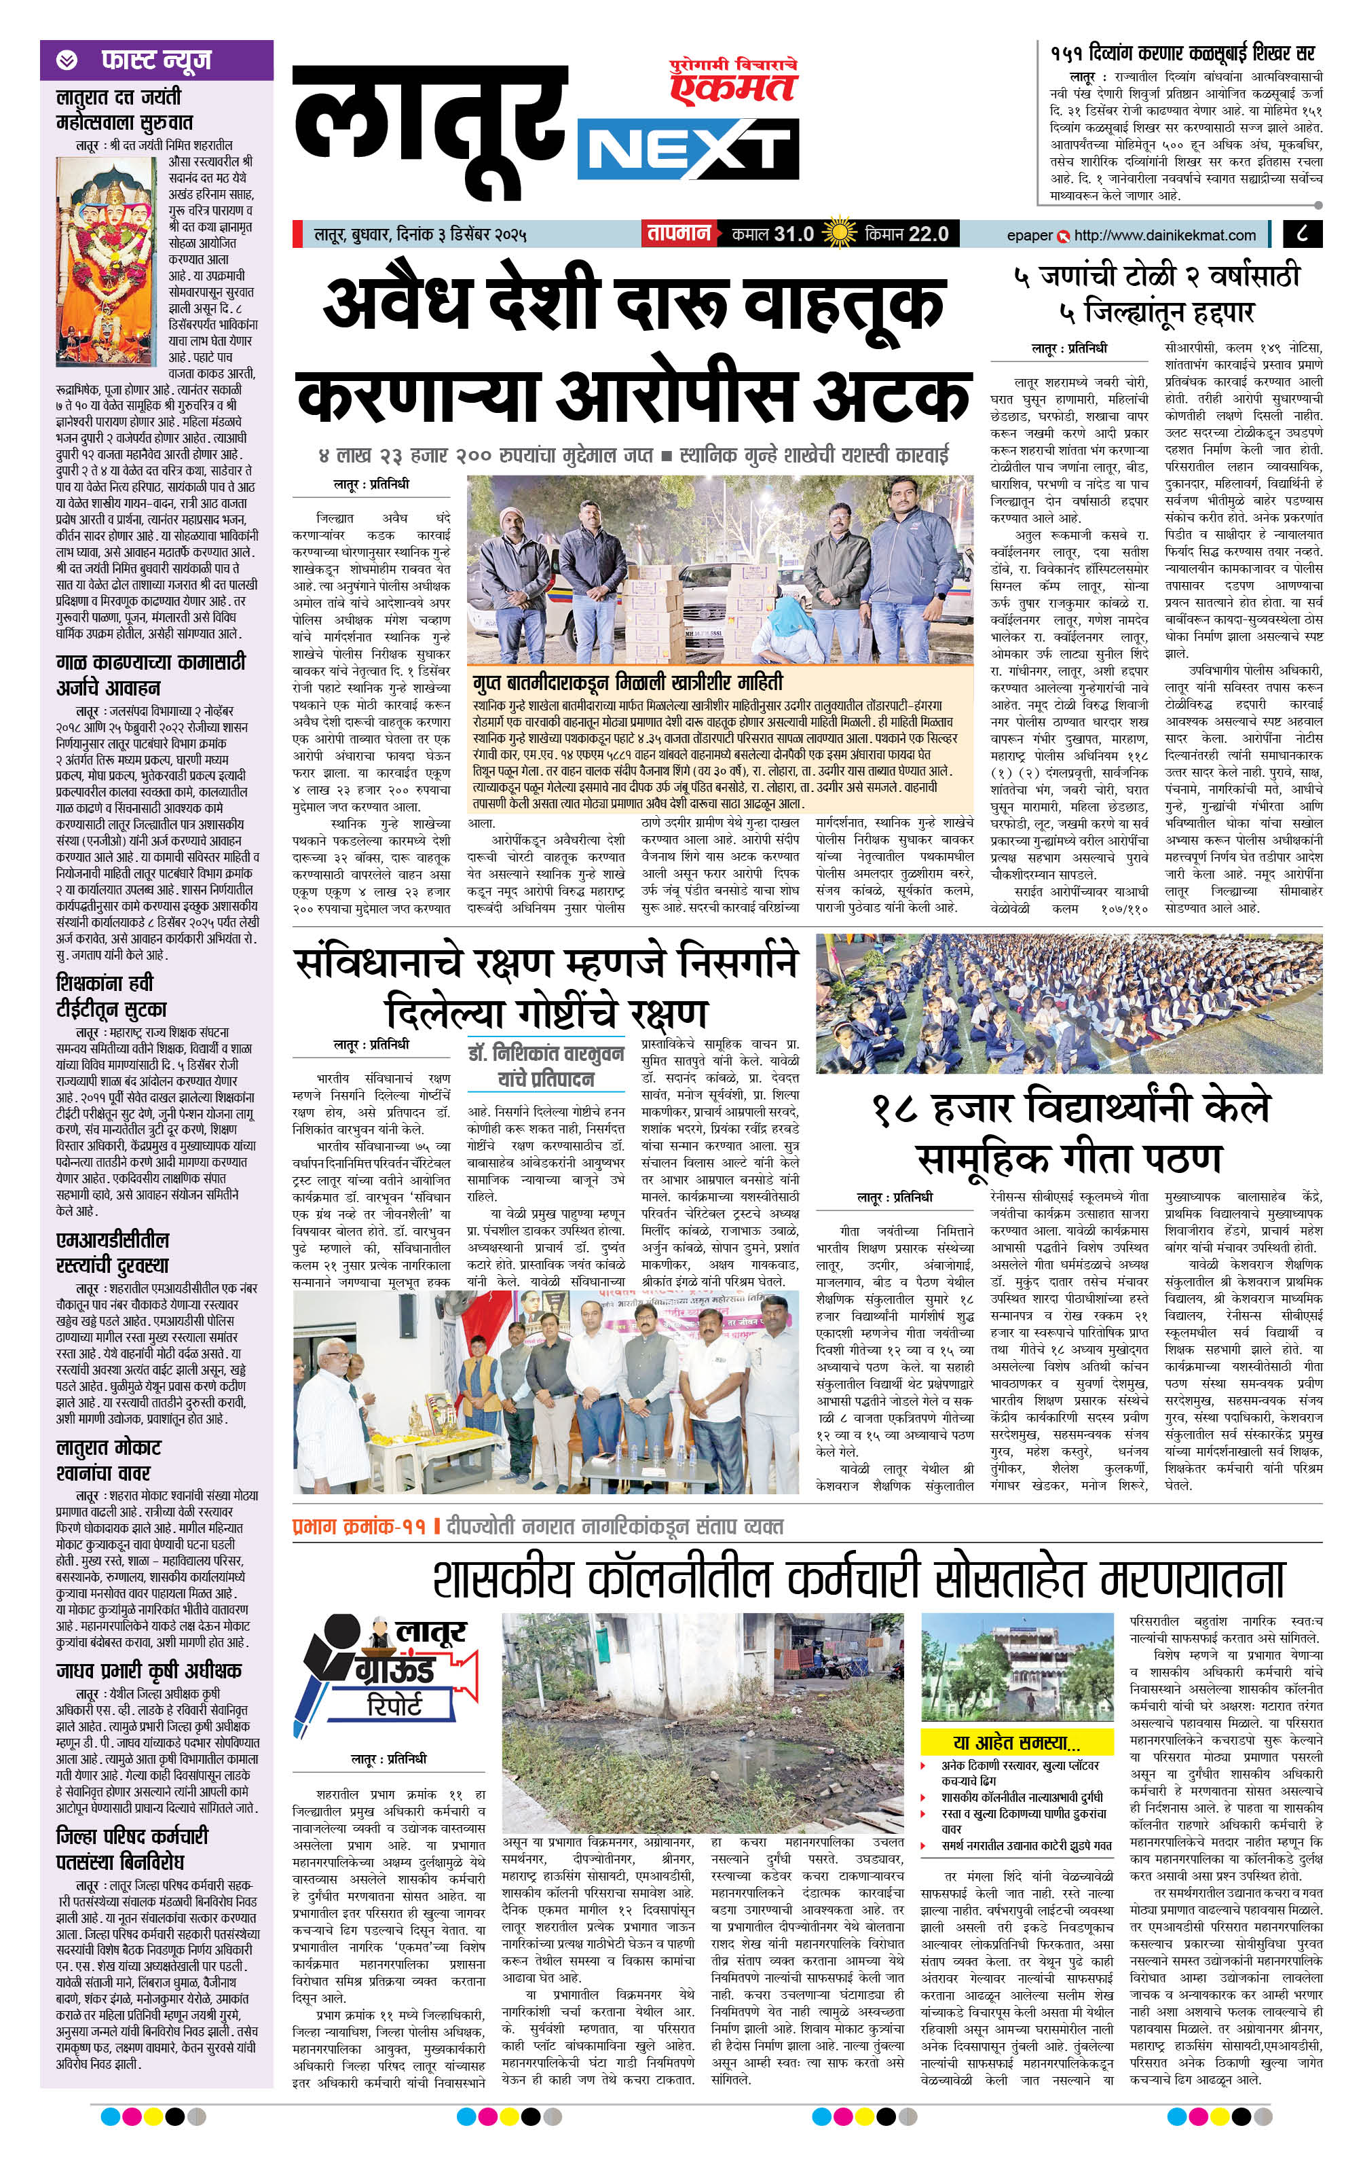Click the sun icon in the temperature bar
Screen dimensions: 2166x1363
839,234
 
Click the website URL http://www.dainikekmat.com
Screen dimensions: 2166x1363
1164,235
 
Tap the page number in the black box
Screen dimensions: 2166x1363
1303,234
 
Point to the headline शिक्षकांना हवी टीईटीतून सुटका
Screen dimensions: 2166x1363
111,996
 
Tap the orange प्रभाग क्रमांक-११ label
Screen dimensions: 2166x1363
358,1526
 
